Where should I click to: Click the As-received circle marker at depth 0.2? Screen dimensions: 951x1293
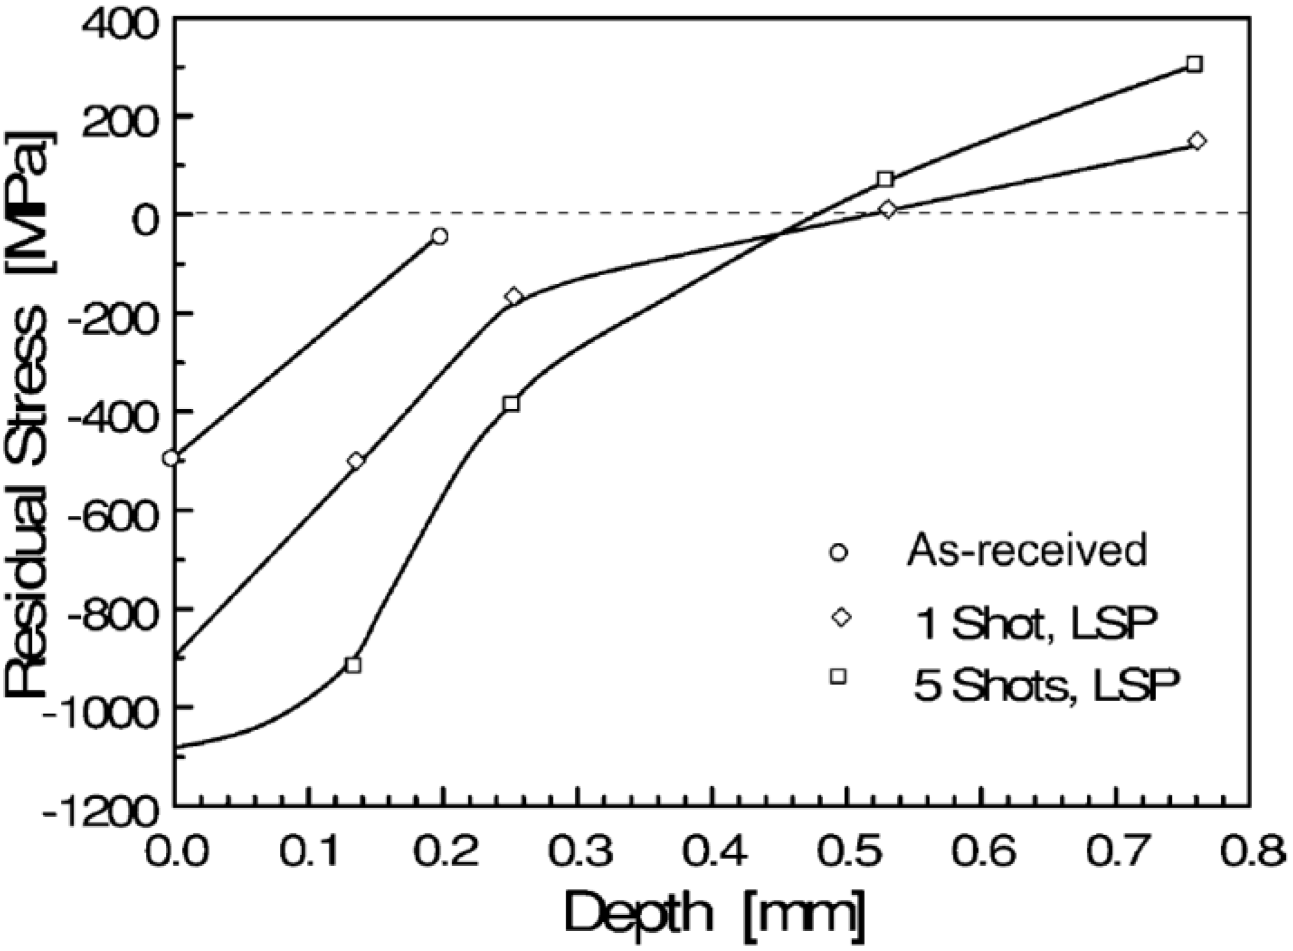pos(440,236)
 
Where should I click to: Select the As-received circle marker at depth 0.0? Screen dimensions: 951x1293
pos(171,458)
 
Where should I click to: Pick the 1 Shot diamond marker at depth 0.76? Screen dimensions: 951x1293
pos(1198,141)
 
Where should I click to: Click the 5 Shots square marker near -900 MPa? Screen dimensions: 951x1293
pos(354,665)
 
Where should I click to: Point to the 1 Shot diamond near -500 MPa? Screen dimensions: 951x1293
pos(356,461)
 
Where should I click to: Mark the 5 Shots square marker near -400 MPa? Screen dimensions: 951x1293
pos(511,404)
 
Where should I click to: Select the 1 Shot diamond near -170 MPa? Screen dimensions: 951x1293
pos(514,296)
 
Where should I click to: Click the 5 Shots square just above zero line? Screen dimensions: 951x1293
pos(885,179)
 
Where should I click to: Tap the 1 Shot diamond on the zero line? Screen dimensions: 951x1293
pos(887,209)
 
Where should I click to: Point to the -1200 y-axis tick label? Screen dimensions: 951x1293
pos(102,816)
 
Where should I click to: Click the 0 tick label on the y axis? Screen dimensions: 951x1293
pos(147,223)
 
